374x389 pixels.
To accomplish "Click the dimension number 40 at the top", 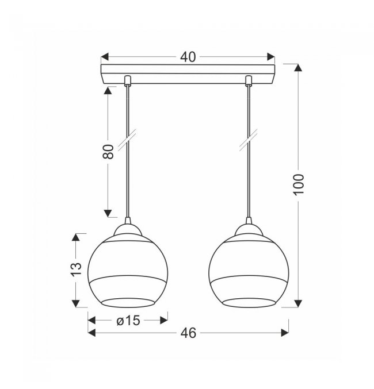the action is pos(188,57).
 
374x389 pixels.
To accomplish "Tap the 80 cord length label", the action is pos(108,151).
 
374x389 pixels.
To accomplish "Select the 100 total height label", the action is pos(299,184).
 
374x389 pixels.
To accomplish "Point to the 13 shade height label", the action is pos(76,269).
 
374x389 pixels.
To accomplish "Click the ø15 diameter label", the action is pos(128,320).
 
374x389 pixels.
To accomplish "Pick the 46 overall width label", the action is pos(188,333).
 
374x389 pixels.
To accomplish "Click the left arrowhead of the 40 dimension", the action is pos(105,56).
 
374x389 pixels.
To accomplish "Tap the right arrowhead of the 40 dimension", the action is pos(271,56).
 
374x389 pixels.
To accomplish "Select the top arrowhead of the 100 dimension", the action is pos(298,68).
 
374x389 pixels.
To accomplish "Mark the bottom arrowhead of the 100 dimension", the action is pos(298,303).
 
